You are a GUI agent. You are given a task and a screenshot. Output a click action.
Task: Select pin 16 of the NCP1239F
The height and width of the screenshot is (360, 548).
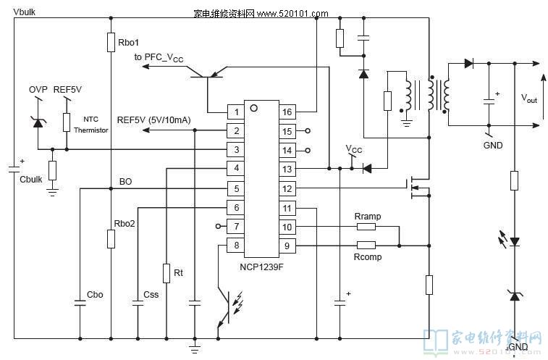(x=287, y=112)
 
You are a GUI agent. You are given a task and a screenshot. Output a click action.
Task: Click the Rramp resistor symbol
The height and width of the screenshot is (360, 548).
(x=366, y=226)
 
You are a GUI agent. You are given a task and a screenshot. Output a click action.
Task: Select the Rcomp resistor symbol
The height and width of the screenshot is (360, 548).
(x=366, y=246)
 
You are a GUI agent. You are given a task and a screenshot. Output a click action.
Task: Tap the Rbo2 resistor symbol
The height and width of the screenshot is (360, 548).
(x=111, y=239)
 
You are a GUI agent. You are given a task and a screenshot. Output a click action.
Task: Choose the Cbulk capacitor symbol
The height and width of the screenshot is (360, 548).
(x=14, y=169)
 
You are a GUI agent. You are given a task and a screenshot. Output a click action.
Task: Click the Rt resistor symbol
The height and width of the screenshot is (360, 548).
(x=166, y=273)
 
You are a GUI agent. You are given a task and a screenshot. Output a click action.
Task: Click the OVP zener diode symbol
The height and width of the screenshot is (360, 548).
(x=38, y=121)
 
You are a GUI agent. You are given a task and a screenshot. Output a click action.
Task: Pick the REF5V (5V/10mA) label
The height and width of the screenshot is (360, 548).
(x=153, y=120)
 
